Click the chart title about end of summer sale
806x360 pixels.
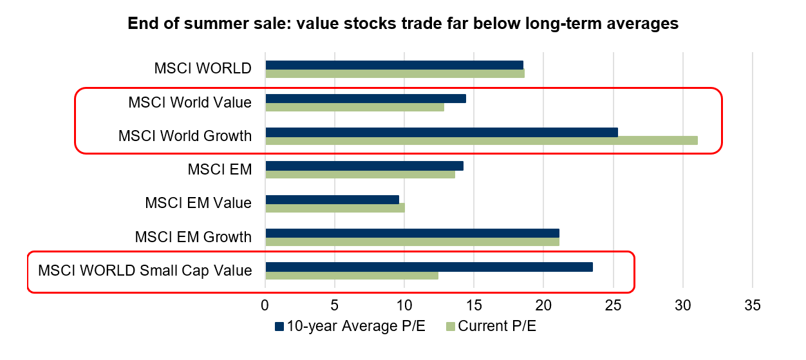point(403,24)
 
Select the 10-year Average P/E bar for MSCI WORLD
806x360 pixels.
point(394,65)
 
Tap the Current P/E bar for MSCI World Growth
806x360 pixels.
point(481,140)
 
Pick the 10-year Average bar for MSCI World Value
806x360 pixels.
point(365,99)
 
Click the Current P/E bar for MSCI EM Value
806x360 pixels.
point(335,208)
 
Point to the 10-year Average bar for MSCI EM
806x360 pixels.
point(364,166)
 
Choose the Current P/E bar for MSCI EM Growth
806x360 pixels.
point(412,242)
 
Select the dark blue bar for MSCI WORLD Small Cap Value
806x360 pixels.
point(429,267)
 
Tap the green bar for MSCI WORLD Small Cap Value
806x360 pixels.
point(351,276)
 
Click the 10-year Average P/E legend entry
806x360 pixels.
point(350,327)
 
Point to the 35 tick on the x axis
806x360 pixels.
point(753,304)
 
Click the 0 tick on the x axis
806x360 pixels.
point(265,304)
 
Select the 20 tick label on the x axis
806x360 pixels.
point(543,304)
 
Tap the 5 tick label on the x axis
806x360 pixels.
point(335,304)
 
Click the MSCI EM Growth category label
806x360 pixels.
point(193,237)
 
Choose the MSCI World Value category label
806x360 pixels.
point(189,102)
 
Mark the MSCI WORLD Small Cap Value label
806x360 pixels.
point(145,270)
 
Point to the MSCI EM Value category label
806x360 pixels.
point(198,204)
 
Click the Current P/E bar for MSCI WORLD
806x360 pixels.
point(395,73)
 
